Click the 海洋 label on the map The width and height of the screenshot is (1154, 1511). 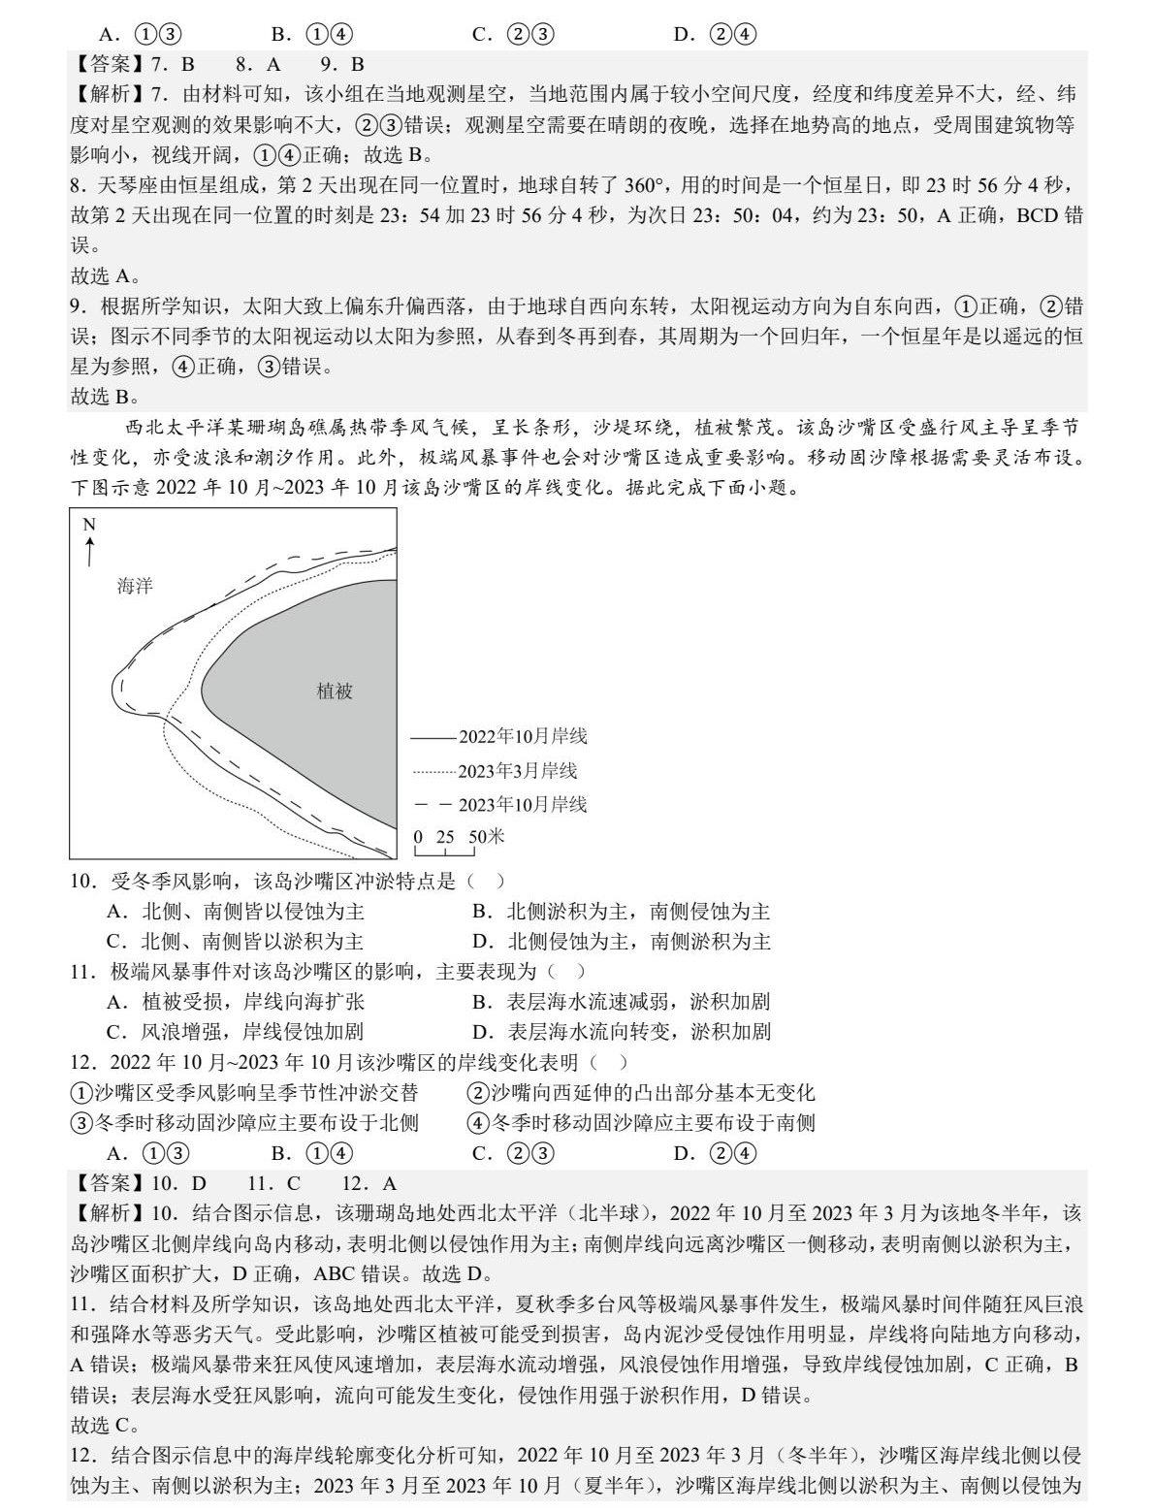tap(135, 586)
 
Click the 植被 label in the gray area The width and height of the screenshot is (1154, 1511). tap(335, 691)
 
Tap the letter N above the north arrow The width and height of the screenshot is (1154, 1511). tap(89, 526)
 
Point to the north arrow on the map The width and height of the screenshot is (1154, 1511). tap(89, 552)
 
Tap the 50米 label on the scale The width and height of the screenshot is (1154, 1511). tap(487, 837)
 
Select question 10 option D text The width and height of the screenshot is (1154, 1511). tap(622, 942)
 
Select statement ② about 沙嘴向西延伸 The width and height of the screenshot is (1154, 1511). tap(641, 1093)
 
